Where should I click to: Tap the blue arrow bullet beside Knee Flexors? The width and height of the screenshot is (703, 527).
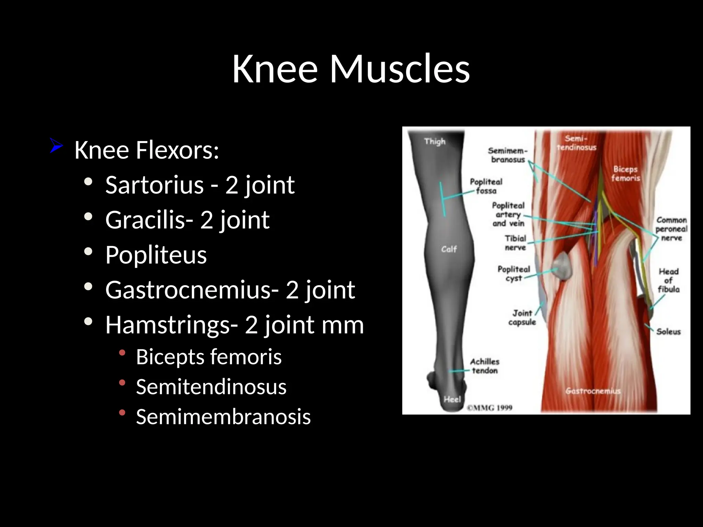pos(56,145)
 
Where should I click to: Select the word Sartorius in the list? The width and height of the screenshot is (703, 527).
pos(154,185)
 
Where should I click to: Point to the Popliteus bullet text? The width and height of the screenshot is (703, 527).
pos(156,255)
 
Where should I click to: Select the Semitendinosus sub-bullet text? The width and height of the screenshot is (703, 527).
pos(211,387)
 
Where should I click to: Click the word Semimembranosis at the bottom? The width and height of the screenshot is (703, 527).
pos(223,417)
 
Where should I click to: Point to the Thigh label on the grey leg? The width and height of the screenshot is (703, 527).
pos(435,141)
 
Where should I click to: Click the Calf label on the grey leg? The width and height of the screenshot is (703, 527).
pos(449,249)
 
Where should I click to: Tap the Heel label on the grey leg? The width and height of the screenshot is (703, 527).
pos(452,399)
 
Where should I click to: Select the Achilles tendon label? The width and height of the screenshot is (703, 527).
pos(484,366)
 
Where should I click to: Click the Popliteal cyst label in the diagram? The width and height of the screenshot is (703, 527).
pos(514,273)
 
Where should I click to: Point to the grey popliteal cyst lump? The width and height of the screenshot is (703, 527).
pos(562,266)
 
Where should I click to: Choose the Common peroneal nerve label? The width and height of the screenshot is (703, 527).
pos(671,229)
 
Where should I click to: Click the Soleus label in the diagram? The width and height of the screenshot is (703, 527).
pos(668,331)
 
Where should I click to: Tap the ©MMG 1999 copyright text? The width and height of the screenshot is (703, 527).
pos(489,408)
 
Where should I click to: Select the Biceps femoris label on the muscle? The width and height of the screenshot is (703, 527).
pos(625,173)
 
